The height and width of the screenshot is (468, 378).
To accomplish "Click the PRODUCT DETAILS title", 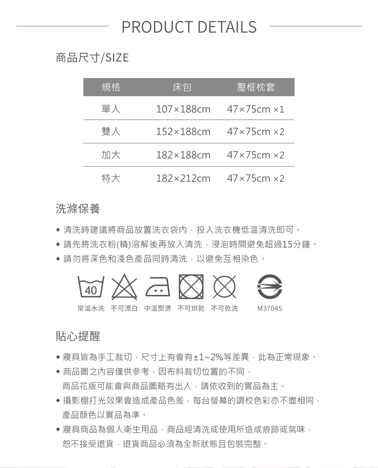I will (x=189, y=27).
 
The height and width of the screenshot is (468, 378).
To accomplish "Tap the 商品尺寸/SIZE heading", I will (x=92, y=58).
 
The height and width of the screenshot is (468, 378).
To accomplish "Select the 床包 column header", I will (x=182, y=87).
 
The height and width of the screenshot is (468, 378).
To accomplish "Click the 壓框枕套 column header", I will (x=256, y=87).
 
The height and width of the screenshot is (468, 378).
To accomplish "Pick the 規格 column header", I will (x=111, y=87).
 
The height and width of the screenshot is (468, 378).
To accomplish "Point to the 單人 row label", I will (x=111, y=109).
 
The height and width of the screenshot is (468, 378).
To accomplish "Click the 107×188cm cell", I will (x=183, y=109).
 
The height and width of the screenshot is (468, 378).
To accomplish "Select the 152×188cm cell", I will (x=183, y=131).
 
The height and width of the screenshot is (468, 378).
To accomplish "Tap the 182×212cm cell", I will (x=183, y=179).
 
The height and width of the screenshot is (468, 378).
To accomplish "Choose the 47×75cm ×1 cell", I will (x=256, y=109).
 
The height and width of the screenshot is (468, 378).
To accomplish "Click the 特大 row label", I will (x=111, y=179).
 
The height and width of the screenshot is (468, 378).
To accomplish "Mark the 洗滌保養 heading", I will (x=78, y=209).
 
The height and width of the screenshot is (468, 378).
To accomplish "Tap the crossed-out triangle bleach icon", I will (x=124, y=286).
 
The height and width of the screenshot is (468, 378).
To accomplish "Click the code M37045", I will (x=270, y=308).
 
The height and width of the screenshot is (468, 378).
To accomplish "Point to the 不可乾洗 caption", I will (x=224, y=308).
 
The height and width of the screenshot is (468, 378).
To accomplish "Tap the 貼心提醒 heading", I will (x=78, y=336).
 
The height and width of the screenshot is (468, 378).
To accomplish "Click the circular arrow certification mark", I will (x=270, y=287).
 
